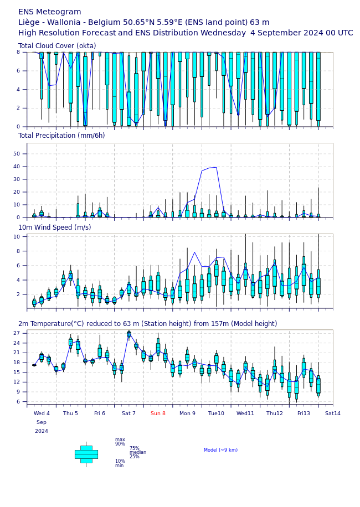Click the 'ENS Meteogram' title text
[x=50, y=12]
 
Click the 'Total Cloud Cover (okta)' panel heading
[x=57, y=46]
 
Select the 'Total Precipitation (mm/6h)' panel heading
[x=61, y=136]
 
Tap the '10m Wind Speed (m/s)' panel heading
[x=55, y=227]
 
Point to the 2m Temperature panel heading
[x=147, y=324]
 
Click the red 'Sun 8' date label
[x=158, y=413]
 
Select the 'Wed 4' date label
[x=42, y=413]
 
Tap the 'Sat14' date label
[x=332, y=413]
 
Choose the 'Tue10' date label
[x=216, y=413]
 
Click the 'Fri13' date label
[x=304, y=413]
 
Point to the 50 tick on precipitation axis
[x=16, y=154]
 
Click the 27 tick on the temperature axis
[x=17, y=333]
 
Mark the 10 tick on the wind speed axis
[x=17, y=237]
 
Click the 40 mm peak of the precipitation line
[x=215, y=167]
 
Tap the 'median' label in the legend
[x=138, y=452]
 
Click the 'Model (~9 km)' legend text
[x=221, y=450]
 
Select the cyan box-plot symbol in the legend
[x=86, y=454]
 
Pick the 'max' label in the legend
[x=120, y=439]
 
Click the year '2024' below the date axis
[x=42, y=431]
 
